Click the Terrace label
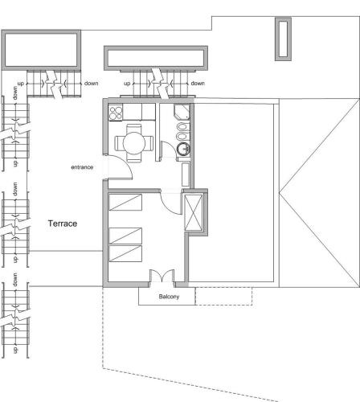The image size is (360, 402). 63,224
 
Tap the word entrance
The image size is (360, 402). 82,167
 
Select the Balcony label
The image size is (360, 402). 169,297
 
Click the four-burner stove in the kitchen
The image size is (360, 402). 116,113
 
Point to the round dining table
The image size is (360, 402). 134,143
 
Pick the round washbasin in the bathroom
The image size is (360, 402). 183,149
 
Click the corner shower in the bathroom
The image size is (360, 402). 182,112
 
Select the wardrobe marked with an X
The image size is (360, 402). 194,212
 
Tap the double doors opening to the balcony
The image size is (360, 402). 162,276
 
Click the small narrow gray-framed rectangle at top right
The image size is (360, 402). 283,39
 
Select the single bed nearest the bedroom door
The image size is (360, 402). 125,203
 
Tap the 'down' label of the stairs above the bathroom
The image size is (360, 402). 198,84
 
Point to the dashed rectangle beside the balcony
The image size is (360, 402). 223,296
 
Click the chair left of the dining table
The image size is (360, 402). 119,143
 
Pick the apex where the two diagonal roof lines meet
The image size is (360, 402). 279,192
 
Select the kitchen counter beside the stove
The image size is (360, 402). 139,112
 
